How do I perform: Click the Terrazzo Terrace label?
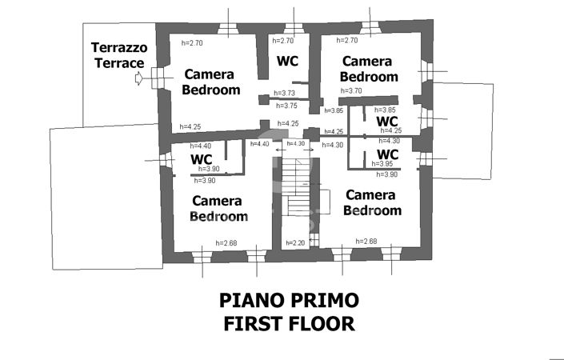click(x=118, y=54)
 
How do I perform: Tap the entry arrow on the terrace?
click(x=142, y=78)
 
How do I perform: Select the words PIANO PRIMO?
click(x=289, y=301)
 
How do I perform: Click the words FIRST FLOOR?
click(x=289, y=324)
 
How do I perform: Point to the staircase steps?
click(x=298, y=187)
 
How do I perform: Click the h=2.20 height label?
click(x=298, y=242)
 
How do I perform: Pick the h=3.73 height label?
click(x=285, y=94)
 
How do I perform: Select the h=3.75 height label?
click(x=286, y=106)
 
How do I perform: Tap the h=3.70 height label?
click(x=351, y=91)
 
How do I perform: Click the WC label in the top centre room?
click(x=287, y=62)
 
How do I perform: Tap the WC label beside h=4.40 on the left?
click(x=201, y=158)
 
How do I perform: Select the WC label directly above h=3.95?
click(x=387, y=153)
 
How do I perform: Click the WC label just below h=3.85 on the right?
click(x=387, y=120)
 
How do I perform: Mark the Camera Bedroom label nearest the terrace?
click(x=211, y=82)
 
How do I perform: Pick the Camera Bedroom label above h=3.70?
click(x=369, y=69)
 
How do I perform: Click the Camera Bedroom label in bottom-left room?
click(x=218, y=208)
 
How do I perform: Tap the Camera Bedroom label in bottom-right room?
click(x=372, y=202)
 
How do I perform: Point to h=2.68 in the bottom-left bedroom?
click(x=226, y=243)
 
